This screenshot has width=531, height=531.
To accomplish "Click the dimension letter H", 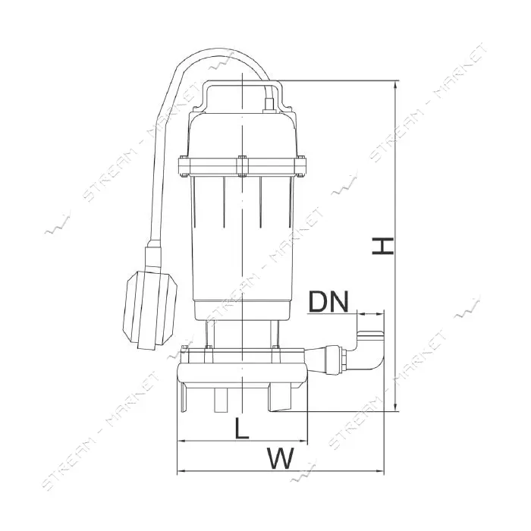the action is point(382,247).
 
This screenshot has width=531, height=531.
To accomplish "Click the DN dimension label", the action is point(328,302).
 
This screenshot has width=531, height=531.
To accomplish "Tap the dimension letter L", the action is point(242,428).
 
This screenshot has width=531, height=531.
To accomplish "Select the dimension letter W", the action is point(280,458).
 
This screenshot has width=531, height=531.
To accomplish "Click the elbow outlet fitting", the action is point(369,351).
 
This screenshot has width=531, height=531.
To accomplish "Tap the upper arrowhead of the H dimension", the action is point(395,85).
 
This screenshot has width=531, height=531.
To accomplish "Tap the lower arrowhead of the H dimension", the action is point(395,407).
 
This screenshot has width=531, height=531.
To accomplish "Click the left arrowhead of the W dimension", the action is point(182,470).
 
